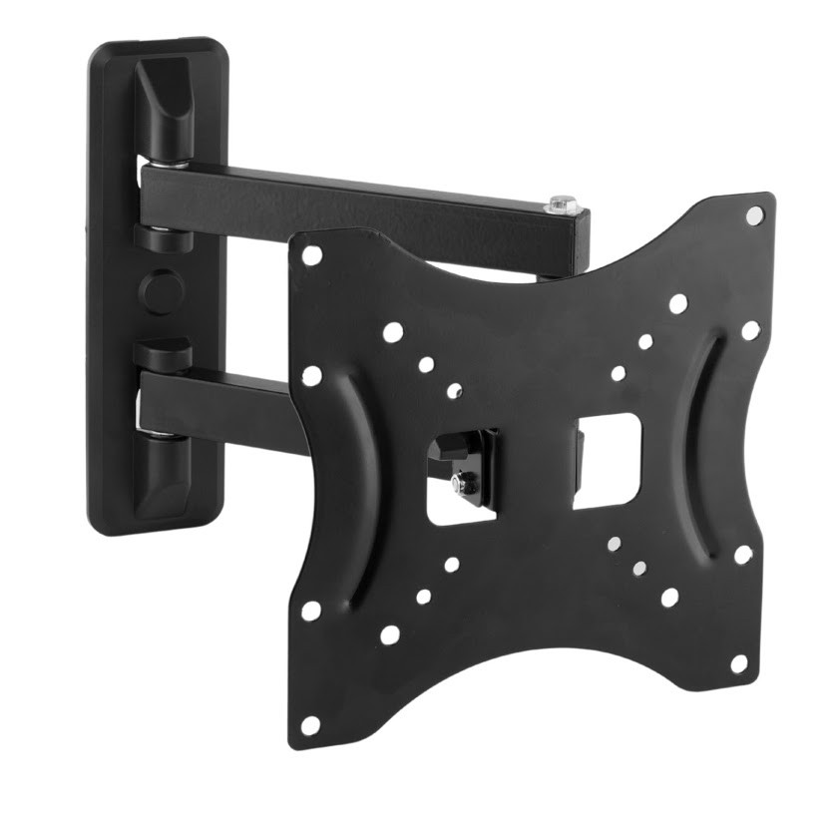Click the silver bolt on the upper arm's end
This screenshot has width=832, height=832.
[x=563, y=205]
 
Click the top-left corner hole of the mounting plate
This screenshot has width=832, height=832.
[x=312, y=255]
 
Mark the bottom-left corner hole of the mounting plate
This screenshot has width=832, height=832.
[x=311, y=725]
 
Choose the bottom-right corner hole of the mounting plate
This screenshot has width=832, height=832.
[x=739, y=662]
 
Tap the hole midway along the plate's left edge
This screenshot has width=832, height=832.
[x=311, y=376]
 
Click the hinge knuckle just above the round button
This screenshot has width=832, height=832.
[x=161, y=239]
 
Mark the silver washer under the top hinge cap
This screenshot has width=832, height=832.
[x=160, y=162]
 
